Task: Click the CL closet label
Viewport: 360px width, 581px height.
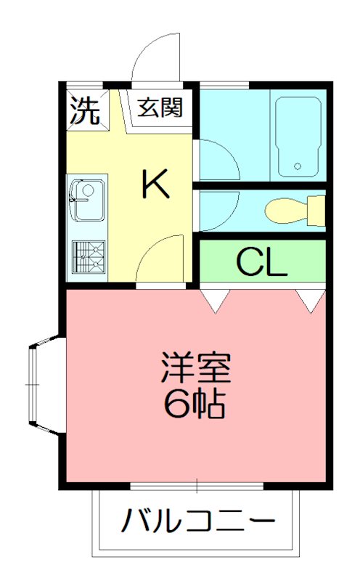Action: tap(262, 264)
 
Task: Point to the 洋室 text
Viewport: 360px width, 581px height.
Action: tap(195, 370)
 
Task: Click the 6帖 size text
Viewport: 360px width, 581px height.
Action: tap(195, 404)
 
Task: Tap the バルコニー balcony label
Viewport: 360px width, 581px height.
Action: tap(198, 521)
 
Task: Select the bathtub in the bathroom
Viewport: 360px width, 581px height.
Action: tap(298, 136)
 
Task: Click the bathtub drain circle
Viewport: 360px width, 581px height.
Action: tap(298, 167)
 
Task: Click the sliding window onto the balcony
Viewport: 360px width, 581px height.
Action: tap(197, 484)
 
